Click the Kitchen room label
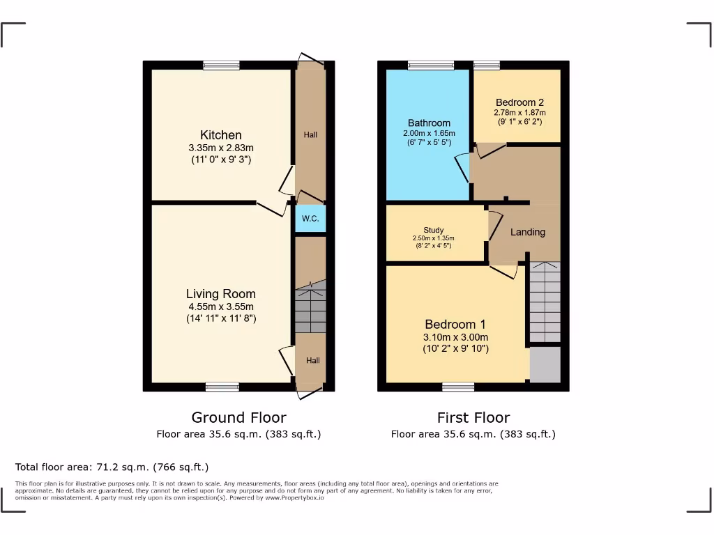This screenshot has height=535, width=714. click(221, 135)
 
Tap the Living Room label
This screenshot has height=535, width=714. click(220, 294)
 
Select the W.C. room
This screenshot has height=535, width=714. click(310, 219)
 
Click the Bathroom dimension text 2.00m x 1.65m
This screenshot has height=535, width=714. click(429, 133)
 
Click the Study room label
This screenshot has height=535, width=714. click(433, 231)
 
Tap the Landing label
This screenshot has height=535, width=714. click(527, 232)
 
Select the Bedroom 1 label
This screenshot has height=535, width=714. click(456, 324)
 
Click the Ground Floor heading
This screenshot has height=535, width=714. click(238, 417)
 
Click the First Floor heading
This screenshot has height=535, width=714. click(473, 417)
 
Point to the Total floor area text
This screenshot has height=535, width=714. click(112, 467)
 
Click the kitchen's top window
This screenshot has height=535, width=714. click(222, 65)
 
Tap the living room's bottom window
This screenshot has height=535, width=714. click(222, 387)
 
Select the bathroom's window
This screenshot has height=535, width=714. click(430, 65)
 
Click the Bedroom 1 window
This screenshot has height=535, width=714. click(458, 387)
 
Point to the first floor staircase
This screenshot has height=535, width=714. click(545, 302)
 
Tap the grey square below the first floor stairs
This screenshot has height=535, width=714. click(545, 364)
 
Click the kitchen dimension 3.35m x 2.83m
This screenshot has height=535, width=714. click(221, 148)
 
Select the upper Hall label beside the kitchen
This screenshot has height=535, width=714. click(310, 134)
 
